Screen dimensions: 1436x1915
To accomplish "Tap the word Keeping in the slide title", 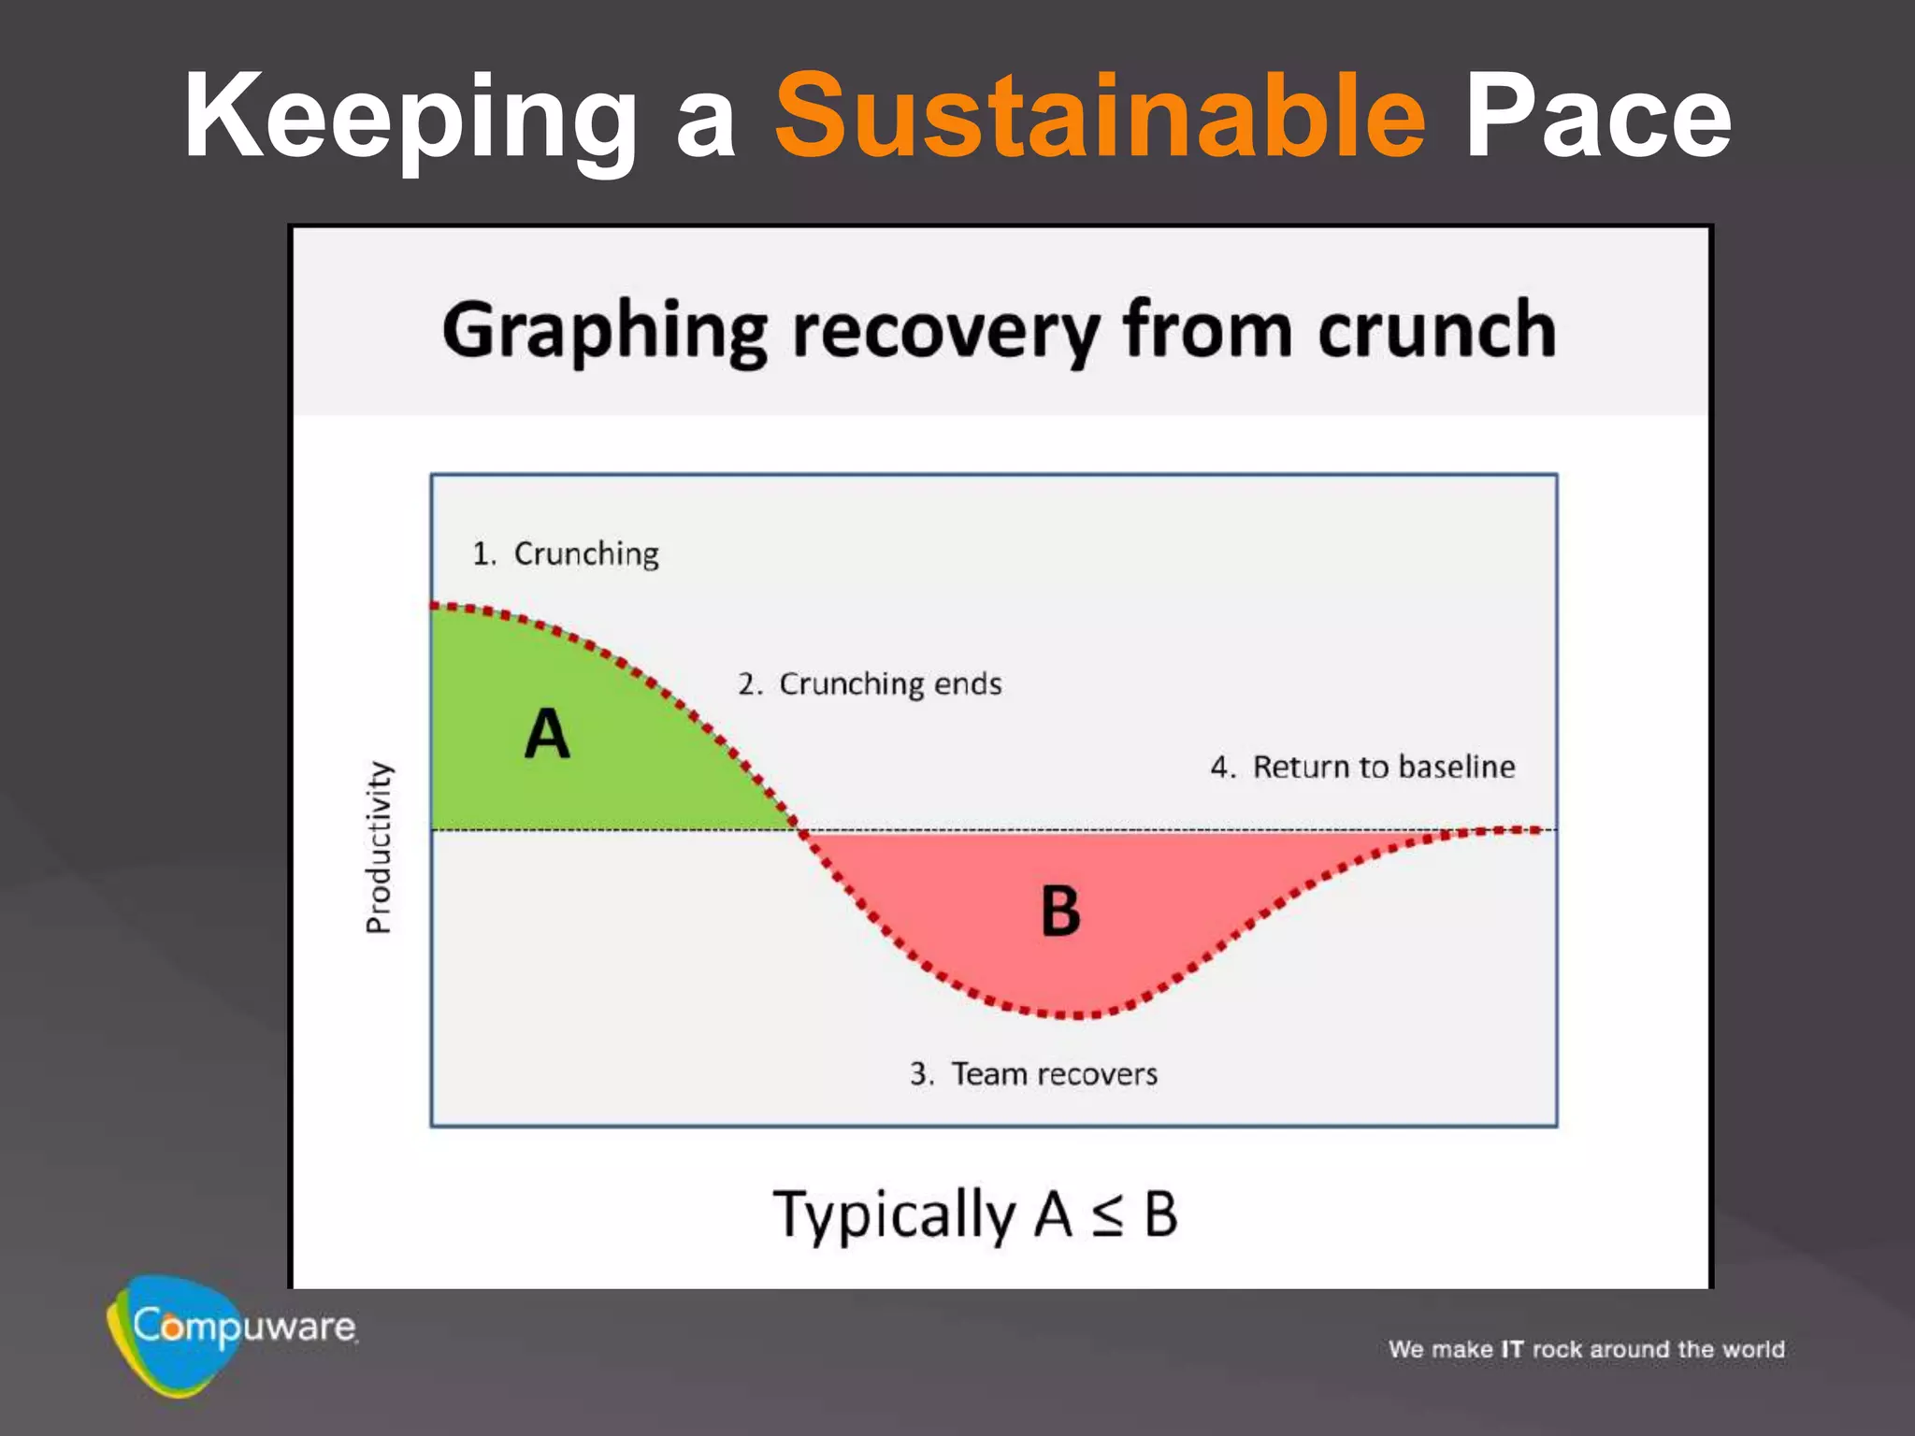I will click(410, 118).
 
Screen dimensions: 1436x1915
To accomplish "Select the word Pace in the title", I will click(1597, 118).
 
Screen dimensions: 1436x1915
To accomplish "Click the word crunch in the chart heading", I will click(1437, 329).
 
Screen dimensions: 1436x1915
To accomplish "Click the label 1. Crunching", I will click(566, 553).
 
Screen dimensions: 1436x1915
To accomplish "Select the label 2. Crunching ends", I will click(870, 683).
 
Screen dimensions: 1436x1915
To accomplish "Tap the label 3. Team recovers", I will click(1033, 1073).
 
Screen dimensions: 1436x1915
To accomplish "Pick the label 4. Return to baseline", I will click(1362, 767).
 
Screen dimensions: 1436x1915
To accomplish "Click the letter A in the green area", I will click(547, 734).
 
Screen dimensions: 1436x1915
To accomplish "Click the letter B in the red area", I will click(1060, 911).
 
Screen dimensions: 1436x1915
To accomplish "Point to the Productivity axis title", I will click(379, 847).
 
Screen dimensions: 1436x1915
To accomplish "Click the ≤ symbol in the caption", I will click(1108, 1215).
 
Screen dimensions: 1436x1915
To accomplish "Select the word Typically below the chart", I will click(894, 1215).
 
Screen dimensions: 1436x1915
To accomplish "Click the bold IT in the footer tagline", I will click(1512, 1349).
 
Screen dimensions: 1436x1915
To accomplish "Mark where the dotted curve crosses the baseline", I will click(798, 829).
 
